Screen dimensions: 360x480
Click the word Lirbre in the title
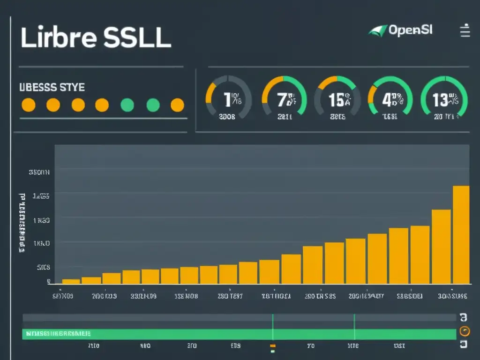[59, 38]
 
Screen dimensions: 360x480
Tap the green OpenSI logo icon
[378, 31]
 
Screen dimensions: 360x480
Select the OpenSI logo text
[410, 30]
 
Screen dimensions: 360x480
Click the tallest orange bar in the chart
[461, 234]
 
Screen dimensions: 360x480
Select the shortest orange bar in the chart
[71, 281]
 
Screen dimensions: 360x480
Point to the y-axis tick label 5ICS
[43, 268]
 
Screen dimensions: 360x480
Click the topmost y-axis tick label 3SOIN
[39, 172]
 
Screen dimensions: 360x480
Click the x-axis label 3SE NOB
[186, 296]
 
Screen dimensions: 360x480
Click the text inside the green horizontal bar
[58, 334]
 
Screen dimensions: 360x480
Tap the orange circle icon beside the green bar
[464, 331]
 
